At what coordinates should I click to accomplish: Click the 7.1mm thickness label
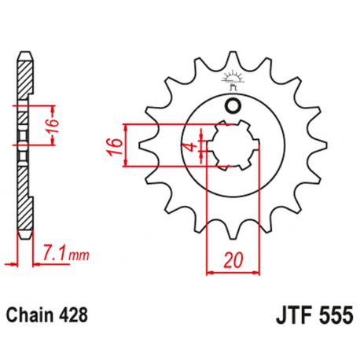(x=61, y=253)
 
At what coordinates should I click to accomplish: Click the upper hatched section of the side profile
(x=25, y=83)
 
